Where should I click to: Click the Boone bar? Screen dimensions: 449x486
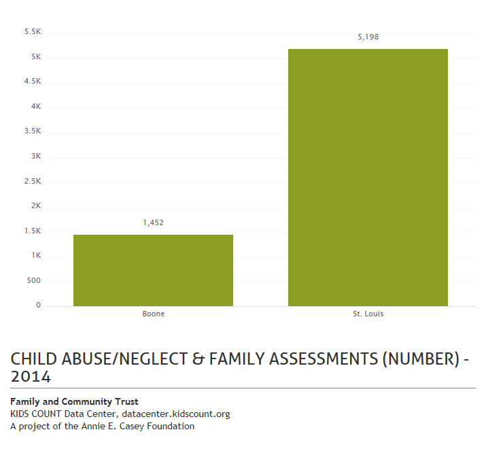[153, 270]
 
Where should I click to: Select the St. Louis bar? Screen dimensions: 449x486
[368, 178]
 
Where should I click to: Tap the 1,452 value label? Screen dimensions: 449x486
[153, 222]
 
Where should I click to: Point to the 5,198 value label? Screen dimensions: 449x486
[368, 37]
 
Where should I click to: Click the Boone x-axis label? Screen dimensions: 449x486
[153, 314]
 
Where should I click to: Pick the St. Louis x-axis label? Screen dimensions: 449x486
[368, 314]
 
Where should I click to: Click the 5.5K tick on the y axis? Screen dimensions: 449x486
[33, 32]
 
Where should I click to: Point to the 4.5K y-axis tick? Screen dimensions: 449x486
[33, 82]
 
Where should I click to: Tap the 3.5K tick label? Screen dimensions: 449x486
[33, 131]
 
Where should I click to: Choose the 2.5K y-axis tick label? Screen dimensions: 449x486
[33, 181]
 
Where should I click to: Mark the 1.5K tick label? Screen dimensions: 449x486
[33, 231]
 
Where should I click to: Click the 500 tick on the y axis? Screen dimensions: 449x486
[34, 280]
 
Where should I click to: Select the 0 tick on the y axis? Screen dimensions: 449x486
[38, 305]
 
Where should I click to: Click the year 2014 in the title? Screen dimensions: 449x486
[31, 376]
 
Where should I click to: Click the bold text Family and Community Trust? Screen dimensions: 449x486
[74, 402]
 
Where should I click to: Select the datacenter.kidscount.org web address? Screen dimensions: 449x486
[176, 414]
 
